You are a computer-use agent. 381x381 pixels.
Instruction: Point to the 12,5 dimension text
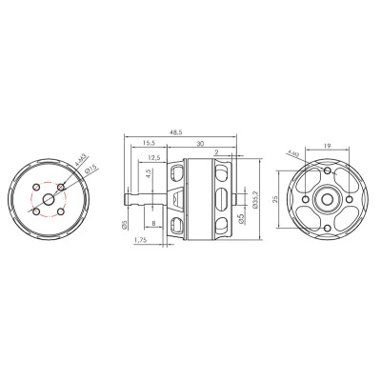pos(153,158)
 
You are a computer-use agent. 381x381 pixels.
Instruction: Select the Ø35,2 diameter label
pos(259,201)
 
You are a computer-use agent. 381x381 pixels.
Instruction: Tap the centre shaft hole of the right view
pos(325,197)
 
